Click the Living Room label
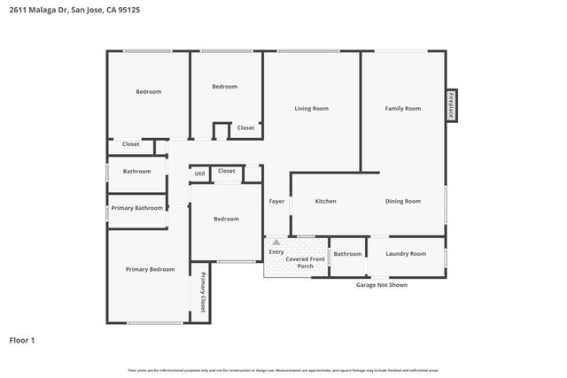click(x=311, y=109)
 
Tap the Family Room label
click(x=402, y=109)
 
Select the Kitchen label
click(x=325, y=202)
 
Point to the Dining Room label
click(x=402, y=202)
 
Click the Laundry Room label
click(x=407, y=254)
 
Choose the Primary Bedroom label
click(x=150, y=269)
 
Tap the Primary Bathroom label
click(x=136, y=208)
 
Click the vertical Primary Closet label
click(x=202, y=292)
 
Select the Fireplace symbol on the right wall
click(x=451, y=105)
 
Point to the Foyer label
click(x=277, y=202)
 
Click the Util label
click(x=199, y=174)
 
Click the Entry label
click(x=276, y=252)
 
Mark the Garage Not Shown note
click(x=382, y=285)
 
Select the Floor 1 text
click(x=23, y=340)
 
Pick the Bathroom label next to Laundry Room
click(x=347, y=254)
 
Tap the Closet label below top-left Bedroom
click(x=130, y=144)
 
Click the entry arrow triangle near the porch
click(x=276, y=242)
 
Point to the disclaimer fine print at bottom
click(x=283, y=370)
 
